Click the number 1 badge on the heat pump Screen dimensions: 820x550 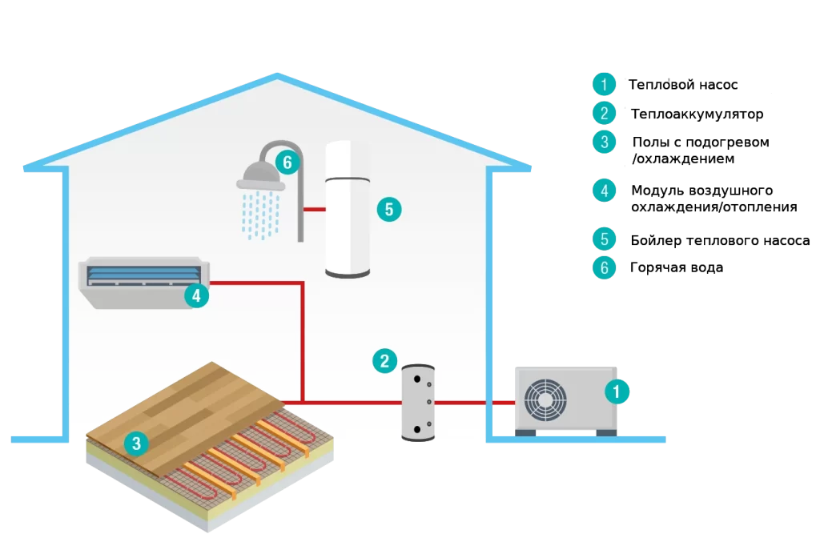[x=617, y=391]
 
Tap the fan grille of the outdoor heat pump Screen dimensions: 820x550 [x=545, y=400]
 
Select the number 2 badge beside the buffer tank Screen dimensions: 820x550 [x=384, y=361]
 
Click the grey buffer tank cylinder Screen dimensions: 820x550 [x=418, y=403]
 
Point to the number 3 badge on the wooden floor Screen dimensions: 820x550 [x=136, y=444]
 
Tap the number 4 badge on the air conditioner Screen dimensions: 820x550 [x=196, y=296]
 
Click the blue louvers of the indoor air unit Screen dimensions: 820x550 [x=143, y=275]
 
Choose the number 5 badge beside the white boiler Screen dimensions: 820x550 [x=389, y=209]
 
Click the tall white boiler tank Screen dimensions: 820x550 [x=348, y=209]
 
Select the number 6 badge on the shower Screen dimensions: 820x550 [x=287, y=163]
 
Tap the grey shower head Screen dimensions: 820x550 [x=260, y=175]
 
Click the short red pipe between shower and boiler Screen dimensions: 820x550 [x=314, y=209]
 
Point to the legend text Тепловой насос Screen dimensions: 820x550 [x=683, y=85]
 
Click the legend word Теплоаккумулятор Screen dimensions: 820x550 [x=697, y=114]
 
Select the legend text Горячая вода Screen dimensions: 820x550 [x=677, y=267]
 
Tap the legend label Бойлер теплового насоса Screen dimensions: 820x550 [x=720, y=240]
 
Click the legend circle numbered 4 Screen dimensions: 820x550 [x=604, y=191]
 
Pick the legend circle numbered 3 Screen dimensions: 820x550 [x=604, y=142]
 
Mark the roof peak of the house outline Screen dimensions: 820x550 [x=277, y=75]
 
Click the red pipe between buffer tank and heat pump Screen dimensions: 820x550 [x=475, y=403]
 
